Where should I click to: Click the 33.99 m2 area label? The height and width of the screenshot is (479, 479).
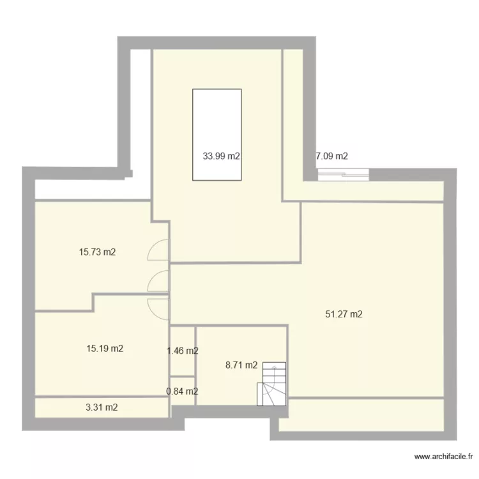[221, 156]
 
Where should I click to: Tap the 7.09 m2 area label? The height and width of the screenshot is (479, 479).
[332, 156]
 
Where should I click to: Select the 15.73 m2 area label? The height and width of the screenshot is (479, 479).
[97, 252]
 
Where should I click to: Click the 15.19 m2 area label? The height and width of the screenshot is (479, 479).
[105, 349]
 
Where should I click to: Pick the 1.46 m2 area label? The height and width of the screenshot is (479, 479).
[182, 351]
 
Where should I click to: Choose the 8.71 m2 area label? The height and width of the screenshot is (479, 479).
[241, 365]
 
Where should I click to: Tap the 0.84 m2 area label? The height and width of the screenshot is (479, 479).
[182, 392]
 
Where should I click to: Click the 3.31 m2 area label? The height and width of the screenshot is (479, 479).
[102, 407]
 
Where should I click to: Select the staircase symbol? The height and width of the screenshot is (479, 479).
[272, 385]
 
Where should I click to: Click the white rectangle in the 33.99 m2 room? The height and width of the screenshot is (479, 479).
[217, 115]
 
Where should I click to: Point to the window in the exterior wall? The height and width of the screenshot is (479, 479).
[343, 172]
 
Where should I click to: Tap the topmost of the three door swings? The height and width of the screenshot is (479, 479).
[158, 250]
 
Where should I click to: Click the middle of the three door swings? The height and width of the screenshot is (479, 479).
[158, 280]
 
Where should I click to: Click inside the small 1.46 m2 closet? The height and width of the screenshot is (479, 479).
[182, 338]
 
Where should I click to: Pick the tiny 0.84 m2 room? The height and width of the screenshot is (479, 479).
[182, 383]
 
